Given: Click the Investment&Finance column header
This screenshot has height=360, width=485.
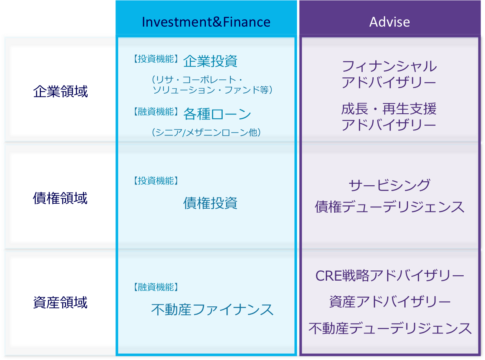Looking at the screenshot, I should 206,22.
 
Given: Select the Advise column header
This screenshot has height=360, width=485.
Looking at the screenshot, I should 389,22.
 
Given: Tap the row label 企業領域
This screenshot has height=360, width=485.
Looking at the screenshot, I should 60,91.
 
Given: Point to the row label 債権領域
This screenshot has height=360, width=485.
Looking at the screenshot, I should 60,198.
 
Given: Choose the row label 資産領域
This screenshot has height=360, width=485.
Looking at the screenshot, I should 60,303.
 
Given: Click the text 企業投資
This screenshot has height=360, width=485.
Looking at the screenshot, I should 210,61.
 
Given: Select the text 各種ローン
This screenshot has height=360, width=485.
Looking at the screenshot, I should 217,114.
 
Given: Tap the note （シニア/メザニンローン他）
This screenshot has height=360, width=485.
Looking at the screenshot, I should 206,132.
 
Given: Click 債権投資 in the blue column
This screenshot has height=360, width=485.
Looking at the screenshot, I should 210,203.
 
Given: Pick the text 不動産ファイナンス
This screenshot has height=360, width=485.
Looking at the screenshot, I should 212,309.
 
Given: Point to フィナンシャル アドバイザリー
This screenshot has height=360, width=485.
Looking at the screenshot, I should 389,74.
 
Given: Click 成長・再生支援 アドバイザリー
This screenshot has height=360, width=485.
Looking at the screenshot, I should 389,117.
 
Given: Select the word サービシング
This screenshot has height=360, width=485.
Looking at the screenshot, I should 389,185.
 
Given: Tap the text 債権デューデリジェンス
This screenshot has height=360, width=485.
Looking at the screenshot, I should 389,207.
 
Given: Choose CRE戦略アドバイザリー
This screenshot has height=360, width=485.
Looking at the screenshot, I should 389,276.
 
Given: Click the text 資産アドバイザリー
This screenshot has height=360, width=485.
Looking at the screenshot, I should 389,302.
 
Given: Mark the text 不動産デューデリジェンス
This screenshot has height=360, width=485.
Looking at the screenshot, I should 389,328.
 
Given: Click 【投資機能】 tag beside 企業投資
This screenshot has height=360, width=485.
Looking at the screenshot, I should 156,59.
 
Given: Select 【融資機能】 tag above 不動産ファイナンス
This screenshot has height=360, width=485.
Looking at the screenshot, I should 156,287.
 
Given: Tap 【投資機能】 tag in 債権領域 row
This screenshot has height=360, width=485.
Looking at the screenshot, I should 156,181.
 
